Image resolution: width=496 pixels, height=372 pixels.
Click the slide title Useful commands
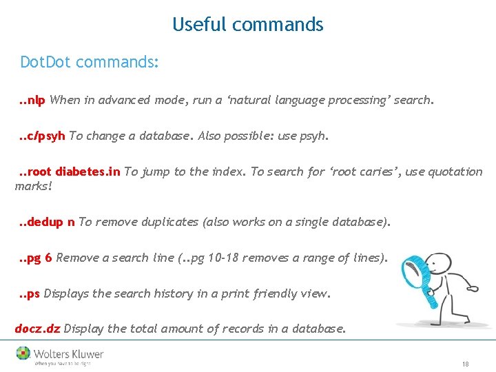(247, 25)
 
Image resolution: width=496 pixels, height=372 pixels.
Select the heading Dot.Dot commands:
(90, 63)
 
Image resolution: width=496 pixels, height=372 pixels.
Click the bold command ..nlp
(32, 100)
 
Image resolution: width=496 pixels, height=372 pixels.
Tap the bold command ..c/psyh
(41, 136)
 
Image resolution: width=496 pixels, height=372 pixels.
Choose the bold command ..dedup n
(47, 222)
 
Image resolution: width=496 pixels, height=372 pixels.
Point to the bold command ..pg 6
(35, 258)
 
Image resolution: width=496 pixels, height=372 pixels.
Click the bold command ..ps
(29, 293)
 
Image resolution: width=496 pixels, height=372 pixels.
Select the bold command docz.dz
(37, 329)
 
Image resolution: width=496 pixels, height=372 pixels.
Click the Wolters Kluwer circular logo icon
(24, 353)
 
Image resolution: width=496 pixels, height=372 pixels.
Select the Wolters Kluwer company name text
(69, 354)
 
